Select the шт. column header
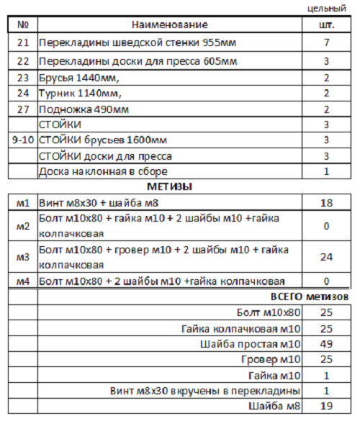pos(326,25)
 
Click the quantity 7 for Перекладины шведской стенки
pos(326,43)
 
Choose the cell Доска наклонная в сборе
pos(104,171)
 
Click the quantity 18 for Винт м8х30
pos(326,203)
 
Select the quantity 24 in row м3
pos(326,256)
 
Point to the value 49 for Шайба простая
pos(326,343)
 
